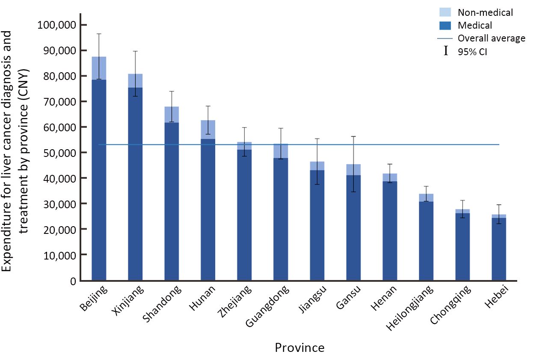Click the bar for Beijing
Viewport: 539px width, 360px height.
[99, 171]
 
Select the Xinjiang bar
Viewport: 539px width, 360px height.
[135, 180]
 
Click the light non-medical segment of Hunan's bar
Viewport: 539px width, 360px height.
[208, 130]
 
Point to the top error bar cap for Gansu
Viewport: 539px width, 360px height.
[353, 136]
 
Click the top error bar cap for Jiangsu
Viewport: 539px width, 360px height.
[317, 139]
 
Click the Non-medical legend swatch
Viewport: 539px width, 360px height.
[447, 13]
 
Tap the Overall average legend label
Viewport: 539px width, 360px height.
[492, 38]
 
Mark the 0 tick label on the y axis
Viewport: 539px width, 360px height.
[73, 281]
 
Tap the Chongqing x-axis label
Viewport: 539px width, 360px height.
[451, 306]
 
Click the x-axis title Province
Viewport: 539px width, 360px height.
[299, 347]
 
